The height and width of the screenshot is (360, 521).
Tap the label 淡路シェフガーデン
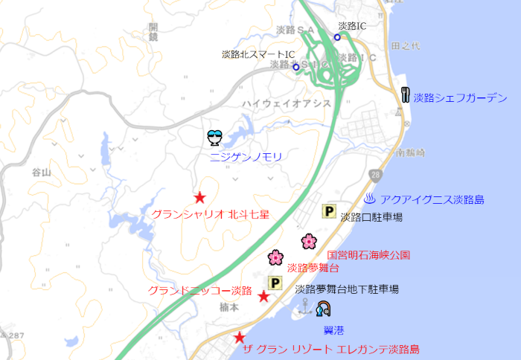point(460,97)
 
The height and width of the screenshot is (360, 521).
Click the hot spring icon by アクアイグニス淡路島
point(370,199)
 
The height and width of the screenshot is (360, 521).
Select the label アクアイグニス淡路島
point(432,199)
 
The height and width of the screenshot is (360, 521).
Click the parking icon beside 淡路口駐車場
point(328,212)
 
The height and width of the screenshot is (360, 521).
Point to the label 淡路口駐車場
point(371,217)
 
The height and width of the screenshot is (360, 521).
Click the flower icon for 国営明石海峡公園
point(309,241)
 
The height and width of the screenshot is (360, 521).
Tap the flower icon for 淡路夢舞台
point(276,257)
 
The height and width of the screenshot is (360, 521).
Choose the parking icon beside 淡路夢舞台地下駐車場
point(275,283)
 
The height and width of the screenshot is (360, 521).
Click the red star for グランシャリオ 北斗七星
point(199,198)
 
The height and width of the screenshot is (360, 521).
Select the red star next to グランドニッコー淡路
point(263,297)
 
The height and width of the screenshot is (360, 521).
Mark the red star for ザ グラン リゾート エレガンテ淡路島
point(240,338)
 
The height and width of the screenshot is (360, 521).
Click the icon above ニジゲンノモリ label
point(214,138)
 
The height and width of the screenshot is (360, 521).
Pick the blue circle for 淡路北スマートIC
point(295,67)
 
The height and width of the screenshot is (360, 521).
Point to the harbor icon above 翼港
point(323,309)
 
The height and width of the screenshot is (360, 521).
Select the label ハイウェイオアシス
point(286,103)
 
